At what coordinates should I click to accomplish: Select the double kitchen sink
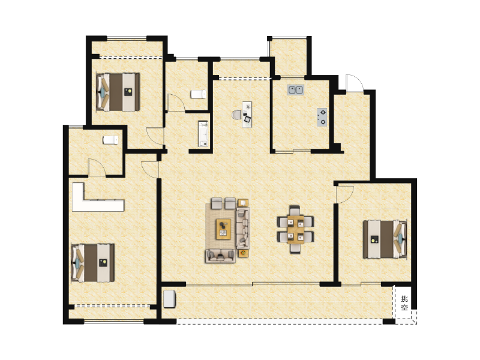point(295,91)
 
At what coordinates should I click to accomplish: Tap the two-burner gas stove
point(322,116)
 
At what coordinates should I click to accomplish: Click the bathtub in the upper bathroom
point(203,134)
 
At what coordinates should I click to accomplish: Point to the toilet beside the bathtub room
point(198,94)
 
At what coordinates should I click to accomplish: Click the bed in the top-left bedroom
point(119,91)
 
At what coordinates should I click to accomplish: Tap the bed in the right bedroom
point(385,239)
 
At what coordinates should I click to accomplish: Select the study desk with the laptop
point(247,113)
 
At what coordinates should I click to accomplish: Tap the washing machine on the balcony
point(170,299)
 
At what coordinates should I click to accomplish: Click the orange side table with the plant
point(243,202)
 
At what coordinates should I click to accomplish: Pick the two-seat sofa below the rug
point(220,256)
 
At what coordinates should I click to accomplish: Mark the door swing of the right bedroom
point(344,194)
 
